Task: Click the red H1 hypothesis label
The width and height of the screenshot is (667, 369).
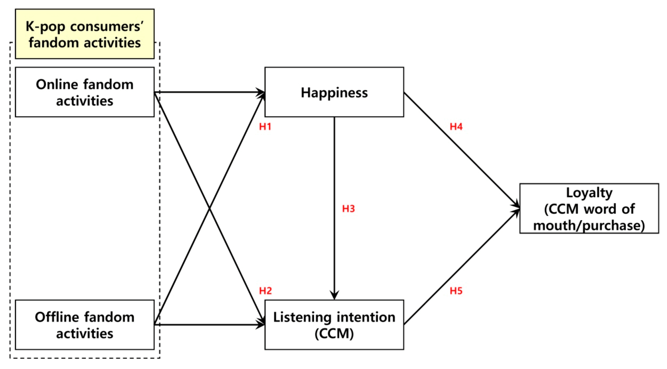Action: coord(265,127)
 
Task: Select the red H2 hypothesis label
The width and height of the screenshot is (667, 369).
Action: coord(265,291)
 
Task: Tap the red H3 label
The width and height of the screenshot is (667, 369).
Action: coord(348,208)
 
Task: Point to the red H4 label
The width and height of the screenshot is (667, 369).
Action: coord(456,127)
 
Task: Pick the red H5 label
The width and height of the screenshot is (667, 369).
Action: coord(456,291)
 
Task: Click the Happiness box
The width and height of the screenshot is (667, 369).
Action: coord(334,92)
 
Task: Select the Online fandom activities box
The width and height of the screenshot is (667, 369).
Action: coord(85,92)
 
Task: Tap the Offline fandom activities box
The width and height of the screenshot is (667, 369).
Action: coord(85,325)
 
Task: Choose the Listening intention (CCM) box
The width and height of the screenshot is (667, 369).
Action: coord(334,325)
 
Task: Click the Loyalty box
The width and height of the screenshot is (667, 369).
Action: coord(589,208)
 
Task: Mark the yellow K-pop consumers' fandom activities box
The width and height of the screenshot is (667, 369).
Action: coord(85,34)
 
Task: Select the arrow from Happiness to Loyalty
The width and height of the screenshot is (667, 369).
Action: coord(461,150)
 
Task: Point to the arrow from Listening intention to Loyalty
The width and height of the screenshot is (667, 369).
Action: coord(461,267)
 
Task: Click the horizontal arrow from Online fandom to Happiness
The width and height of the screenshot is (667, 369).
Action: coord(208,92)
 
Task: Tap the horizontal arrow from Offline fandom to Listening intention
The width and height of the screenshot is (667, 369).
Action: coord(208,325)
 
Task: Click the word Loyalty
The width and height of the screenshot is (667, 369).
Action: coord(589,193)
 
